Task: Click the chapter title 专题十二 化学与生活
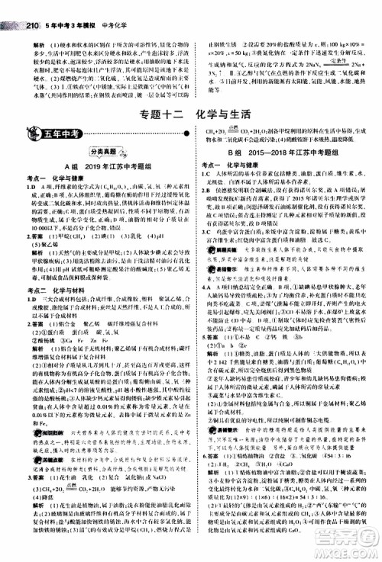click(x=191, y=116)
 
